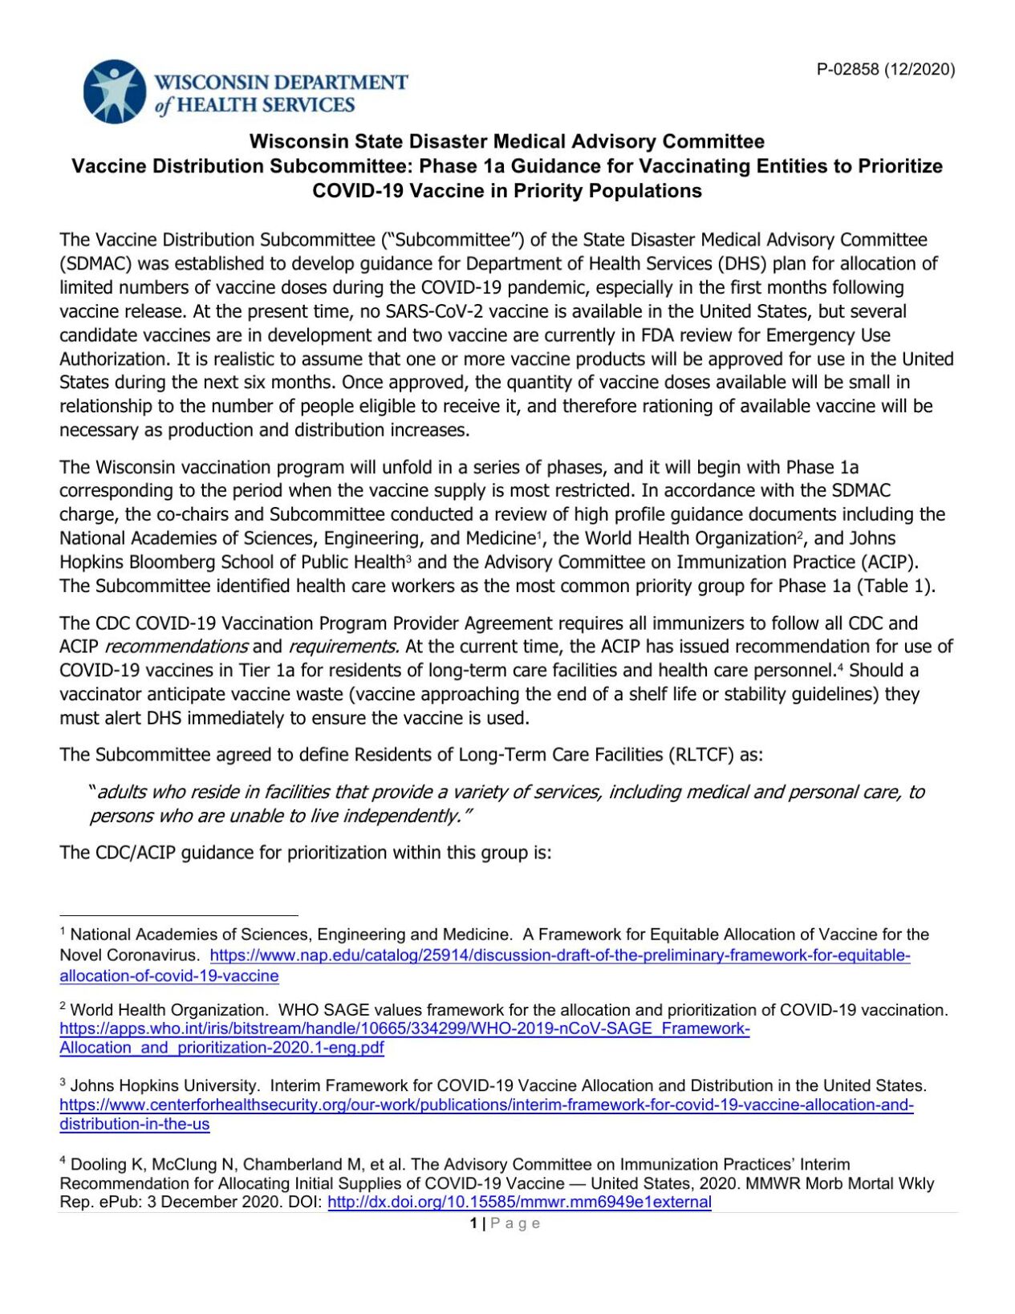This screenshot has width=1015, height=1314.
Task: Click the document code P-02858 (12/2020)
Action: click(x=886, y=69)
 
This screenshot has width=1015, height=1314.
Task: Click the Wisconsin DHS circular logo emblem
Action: click(x=115, y=92)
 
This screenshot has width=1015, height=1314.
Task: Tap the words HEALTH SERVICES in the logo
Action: click(x=266, y=105)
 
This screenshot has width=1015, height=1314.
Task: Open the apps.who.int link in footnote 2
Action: click(x=404, y=1029)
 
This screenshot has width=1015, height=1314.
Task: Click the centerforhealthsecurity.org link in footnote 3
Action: click(x=486, y=1105)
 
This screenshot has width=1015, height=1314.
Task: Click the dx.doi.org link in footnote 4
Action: click(x=519, y=1202)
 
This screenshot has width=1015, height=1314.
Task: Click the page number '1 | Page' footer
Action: click(x=505, y=1223)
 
